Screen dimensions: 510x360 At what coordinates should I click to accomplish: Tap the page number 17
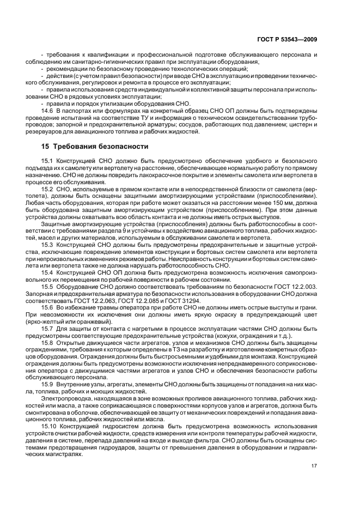314,466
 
